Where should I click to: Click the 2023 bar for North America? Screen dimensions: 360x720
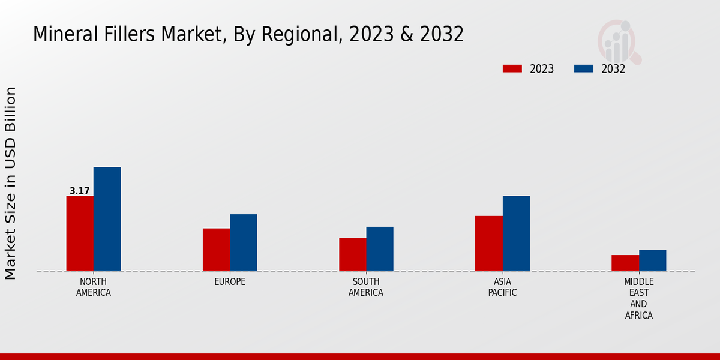pyautogui.click(x=80, y=233)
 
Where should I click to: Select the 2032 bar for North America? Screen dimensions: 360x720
pyautogui.click(x=107, y=219)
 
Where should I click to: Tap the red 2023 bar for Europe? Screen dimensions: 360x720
pyautogui.click(x=216, y=250)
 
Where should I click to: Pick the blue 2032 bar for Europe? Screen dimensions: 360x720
pyautogui.click(x=243, y=242)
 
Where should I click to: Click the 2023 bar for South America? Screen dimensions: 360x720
pyautogui.click(x=352, y=254)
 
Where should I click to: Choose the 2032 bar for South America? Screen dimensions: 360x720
pyautogui.click(x=380, y=249)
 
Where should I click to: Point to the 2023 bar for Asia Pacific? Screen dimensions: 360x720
pyautogui.click(x=488, y=244)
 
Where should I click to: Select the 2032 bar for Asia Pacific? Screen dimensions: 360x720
pyautogui.click(x=516, y=233)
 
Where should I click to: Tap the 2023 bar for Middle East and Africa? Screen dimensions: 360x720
pyautogui.click(x=625, y=263)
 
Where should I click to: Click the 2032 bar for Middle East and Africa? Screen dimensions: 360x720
pyautogui.click(x=652, y=260)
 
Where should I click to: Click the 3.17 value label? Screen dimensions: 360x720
pyautogui.click(x=79, y=191)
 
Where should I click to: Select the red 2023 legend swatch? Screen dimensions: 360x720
pyautogui.click(x=512, y=68)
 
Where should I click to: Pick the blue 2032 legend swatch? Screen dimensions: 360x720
pyautogui.click(x=583, y=68)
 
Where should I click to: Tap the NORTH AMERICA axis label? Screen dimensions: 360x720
pyautogui.click(x=93, y=287)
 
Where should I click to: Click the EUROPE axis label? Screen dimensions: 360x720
pyautogui.click(x=230, y=282)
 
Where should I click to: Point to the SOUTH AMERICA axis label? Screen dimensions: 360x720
pyautogui.click(x=366, y=287)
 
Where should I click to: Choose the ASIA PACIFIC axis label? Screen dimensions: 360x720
pyautogui.click(x=502, y=287)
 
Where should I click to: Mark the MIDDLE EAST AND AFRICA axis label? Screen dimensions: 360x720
pyautogui.click(x=638, y=298)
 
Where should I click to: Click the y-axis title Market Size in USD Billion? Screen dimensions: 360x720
pyautogui.click(x=11, y=183)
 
